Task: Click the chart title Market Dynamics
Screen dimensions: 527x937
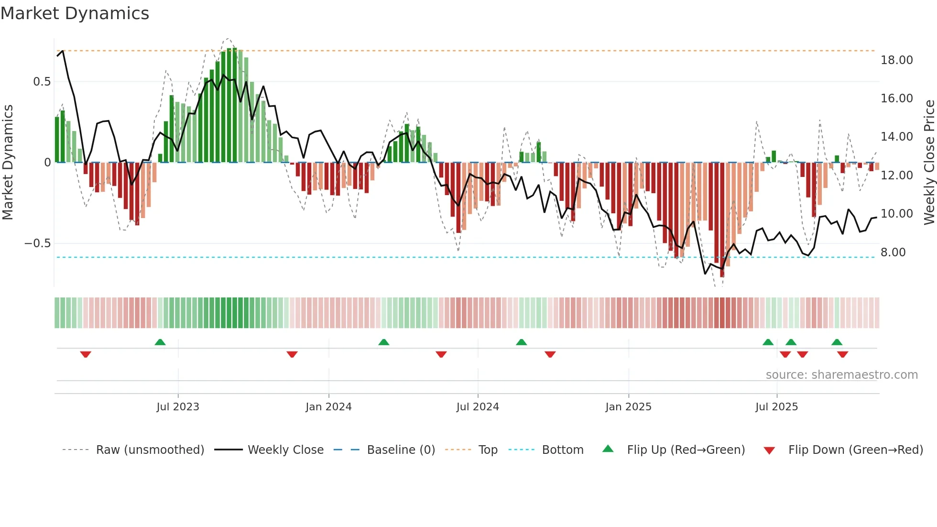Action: [75, 13]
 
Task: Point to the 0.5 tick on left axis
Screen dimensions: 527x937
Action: [42, 82]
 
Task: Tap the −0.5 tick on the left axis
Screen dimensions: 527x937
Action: [37, 243]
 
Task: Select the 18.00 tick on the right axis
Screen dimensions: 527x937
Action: [896, 60]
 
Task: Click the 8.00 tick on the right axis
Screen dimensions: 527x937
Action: [893, 253]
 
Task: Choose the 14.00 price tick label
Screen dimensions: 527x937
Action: [896, 137]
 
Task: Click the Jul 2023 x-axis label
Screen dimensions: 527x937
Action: [177, 407]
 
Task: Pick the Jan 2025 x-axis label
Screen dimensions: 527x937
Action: [628, 407]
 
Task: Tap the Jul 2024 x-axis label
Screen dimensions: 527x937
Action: [477, 407]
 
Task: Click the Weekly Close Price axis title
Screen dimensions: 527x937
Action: [929, 163]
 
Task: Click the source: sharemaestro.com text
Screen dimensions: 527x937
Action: [841, 375]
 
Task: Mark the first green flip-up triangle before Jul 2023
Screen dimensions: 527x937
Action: [160, 342]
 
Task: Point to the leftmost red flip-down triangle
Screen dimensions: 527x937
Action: [86, 354]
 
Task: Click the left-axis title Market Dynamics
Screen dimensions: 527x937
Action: [8, 163]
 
